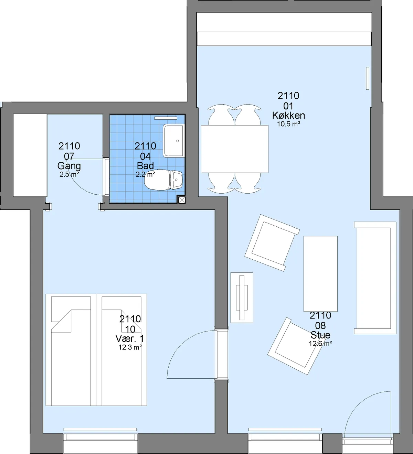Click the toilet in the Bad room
163,180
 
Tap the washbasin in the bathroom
173,141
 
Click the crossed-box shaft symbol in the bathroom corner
182,200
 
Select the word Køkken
288,116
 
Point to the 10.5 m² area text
289,124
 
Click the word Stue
320,335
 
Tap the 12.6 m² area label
320,343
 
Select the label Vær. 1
130,338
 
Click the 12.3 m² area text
130,347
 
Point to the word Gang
69,166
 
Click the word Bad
145,166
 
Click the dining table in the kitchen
234,149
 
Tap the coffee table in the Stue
320,274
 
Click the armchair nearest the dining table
272,243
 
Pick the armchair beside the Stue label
295,346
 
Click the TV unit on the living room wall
242,298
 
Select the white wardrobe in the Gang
30,155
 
